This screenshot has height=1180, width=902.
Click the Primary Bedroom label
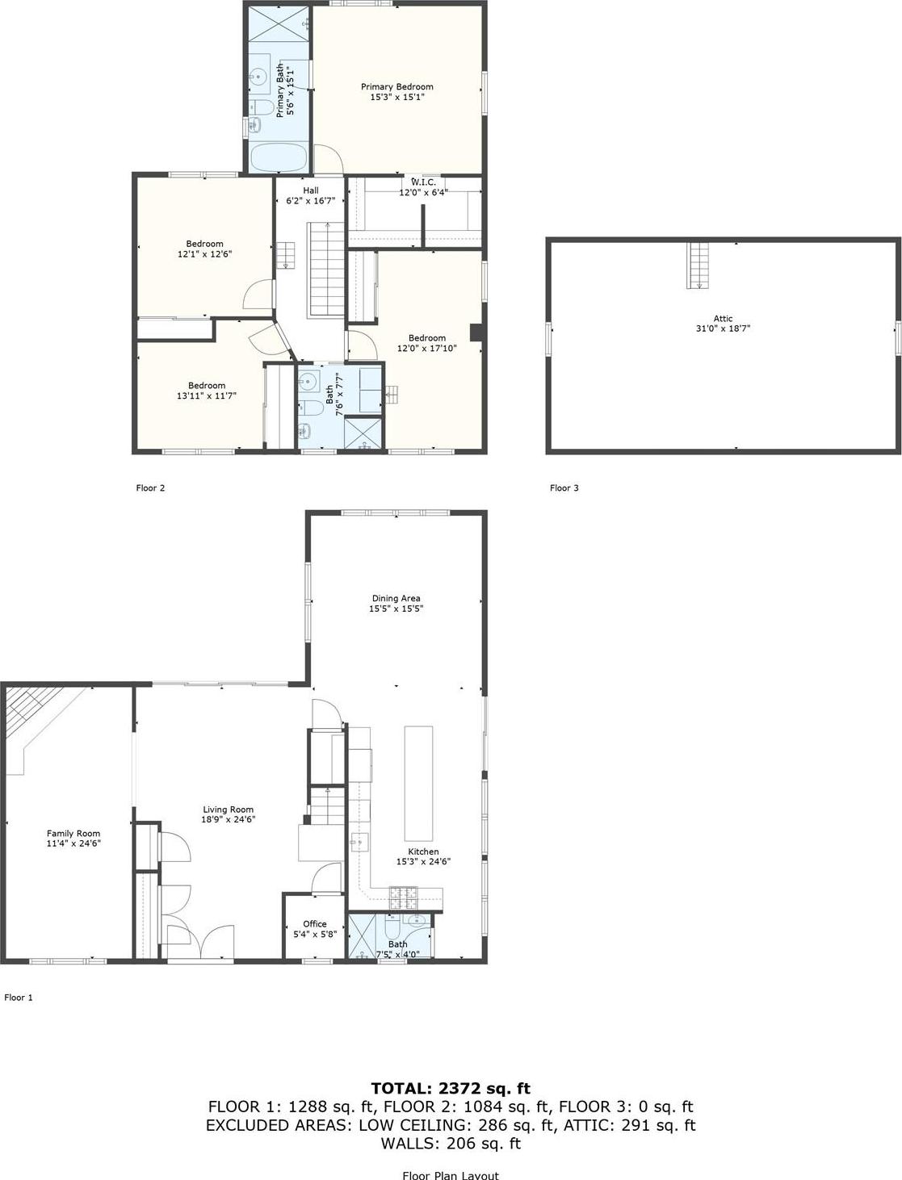pyautogui.click(x=396, y=86)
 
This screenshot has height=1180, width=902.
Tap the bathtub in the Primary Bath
pyautogui.click(x=279, y=157)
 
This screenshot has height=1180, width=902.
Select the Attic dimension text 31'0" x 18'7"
pyautogui.click(x=723, y=329)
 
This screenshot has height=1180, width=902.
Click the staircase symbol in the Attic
pyautogui.click(x=699, y=265)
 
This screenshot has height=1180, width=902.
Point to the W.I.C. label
pyautogui.click(x=423, y=182)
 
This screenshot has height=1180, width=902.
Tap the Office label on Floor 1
pyautogui.click(x=315, y=924)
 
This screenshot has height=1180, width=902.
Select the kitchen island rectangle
pyautogui.click(x=418, y=783)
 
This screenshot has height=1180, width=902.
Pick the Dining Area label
pyautogui.click(x=396, y=599)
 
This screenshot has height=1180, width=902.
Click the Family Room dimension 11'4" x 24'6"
pyautogui.click(x=73, y=844)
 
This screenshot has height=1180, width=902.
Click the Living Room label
pyautogui.click(x=229, y=810)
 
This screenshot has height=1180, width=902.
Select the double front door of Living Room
pyautogui.click(x=200, y=944)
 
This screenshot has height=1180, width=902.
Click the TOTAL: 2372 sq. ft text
pyautogui.click(x=451, y=1089)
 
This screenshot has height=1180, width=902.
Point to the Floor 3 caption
pyautogui.click(x=564, y=488)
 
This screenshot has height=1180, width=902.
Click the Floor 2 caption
pyautogui.click(x=150, y=488)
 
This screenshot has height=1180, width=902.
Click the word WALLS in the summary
pyautogui.click(x=408, y=1144)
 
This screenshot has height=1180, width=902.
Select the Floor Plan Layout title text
pyautogui.click(x=451, y=1175)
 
